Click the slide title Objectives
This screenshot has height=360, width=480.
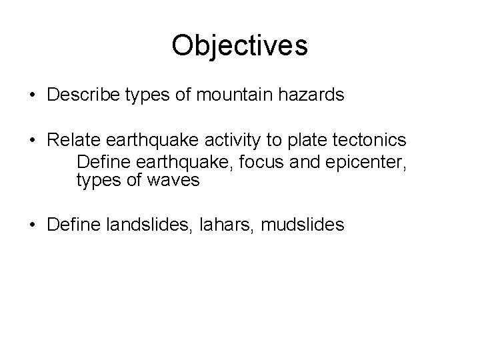tap(239, 46)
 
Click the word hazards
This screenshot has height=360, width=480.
tap(312, 95)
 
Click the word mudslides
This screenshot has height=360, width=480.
tap(303, 225)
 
